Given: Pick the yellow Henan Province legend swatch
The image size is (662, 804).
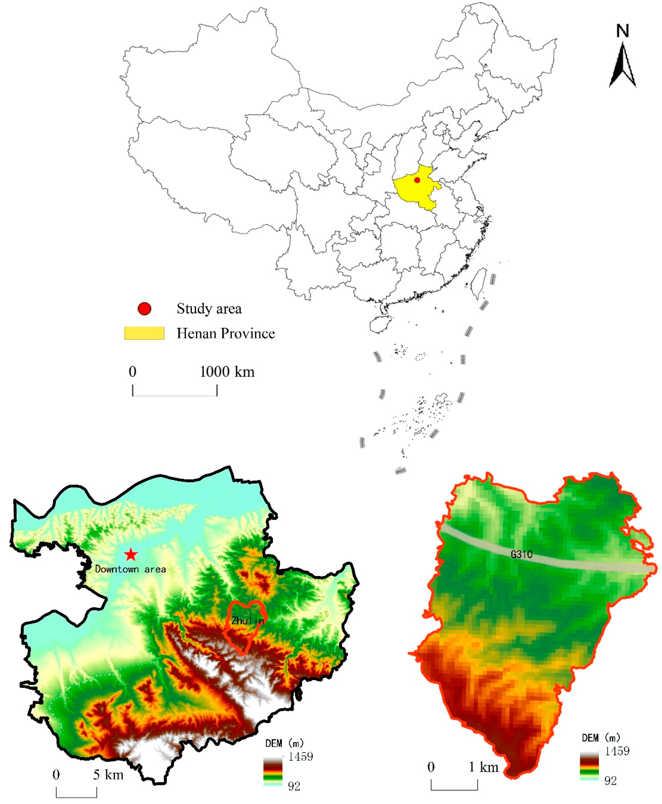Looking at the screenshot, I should [x=144, y=333].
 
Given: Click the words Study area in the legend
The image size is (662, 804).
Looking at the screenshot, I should [x=209, y=309].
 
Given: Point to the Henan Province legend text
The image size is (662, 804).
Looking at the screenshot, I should [x=225, y=333].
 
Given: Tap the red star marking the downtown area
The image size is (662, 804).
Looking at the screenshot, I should [x=131, y=554].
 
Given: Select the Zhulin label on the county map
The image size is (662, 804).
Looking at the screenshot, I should [x=247, y=621].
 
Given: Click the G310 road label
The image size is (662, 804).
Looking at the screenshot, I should [x=521, y=554].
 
